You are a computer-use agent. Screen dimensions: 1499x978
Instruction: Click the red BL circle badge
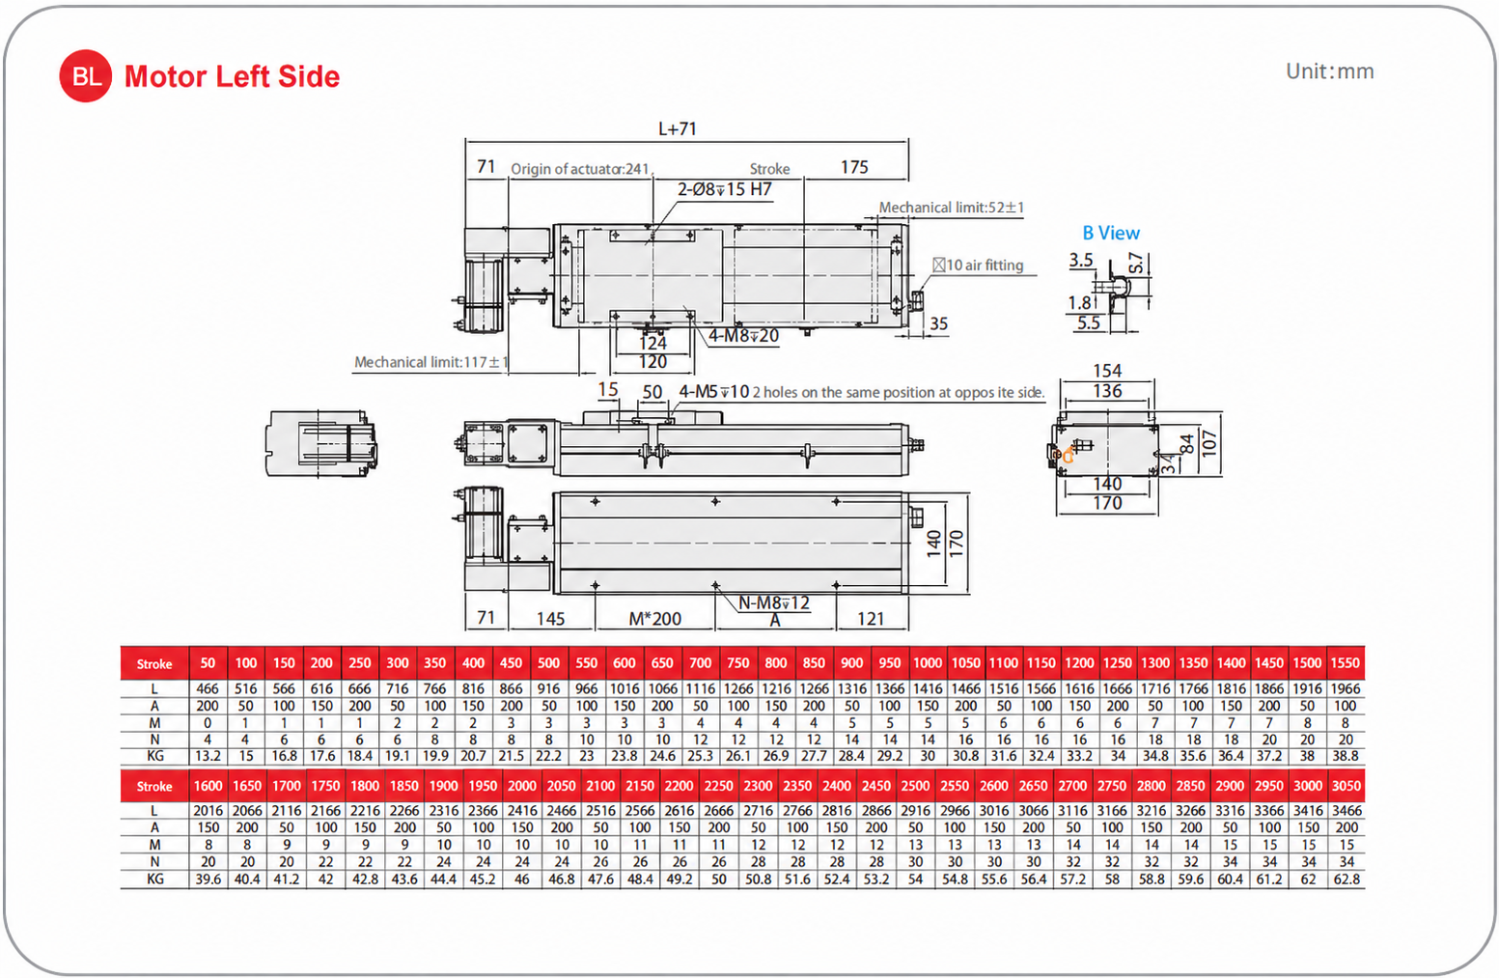click(85, 75)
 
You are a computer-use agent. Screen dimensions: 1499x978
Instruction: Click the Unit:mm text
click(1330, 71)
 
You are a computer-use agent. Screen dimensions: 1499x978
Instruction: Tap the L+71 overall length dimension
click(678, 128)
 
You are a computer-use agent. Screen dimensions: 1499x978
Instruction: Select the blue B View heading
click(1111, 233)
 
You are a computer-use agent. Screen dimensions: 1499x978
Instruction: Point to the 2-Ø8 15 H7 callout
click(725, 189)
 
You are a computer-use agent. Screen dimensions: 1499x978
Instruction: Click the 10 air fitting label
click(979, 265)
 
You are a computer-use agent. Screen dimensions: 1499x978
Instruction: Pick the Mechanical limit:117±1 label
click(430, 362)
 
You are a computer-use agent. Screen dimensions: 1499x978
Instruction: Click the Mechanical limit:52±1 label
click(951, 208)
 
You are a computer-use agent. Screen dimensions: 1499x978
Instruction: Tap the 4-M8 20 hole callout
click(743, 335)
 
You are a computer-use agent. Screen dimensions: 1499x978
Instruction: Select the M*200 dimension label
click(655, 619)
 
